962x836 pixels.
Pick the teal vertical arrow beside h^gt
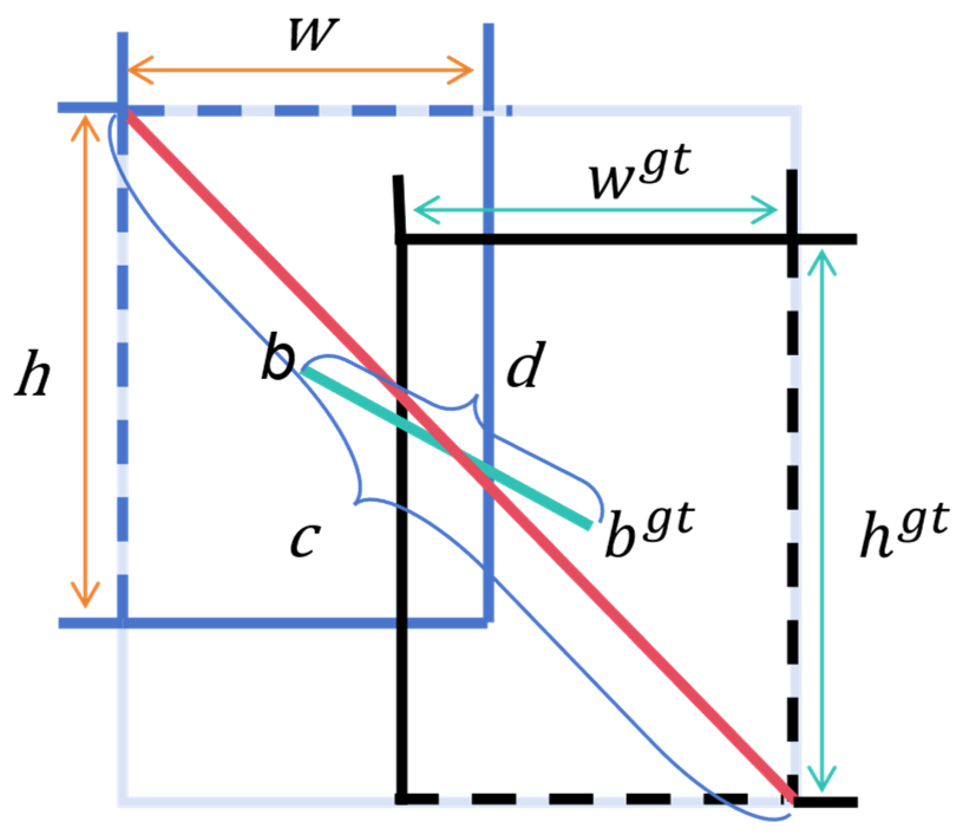click(x=823, y=520)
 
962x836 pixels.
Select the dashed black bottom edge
click(x=590, y=799)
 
